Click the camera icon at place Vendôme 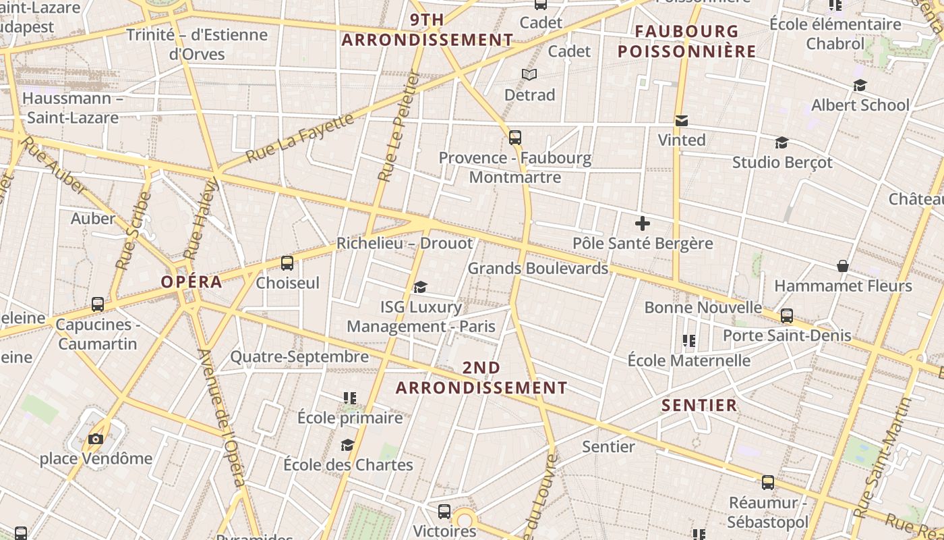95,439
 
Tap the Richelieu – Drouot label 405,243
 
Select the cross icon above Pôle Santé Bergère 643,223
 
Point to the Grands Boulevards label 537,268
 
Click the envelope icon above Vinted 682,121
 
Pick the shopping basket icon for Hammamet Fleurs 842,265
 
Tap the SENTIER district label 699,405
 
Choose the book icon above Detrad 529,74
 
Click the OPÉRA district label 191,281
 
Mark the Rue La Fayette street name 299,138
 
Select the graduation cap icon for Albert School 860,86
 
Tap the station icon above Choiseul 287,263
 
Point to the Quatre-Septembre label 299,356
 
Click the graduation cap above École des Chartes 347,445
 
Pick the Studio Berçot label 782,163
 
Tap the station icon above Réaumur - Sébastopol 768,483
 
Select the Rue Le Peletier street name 399,127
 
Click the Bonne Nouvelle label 703,308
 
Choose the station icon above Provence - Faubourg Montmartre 515,138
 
